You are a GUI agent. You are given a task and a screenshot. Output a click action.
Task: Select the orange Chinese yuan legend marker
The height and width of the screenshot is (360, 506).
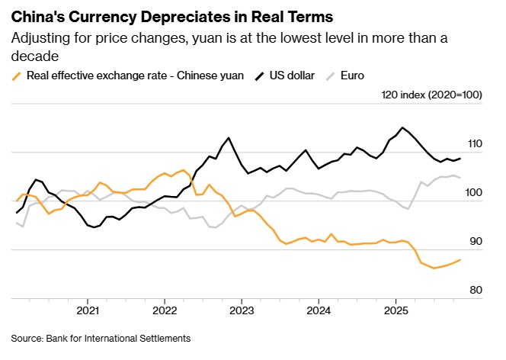17,76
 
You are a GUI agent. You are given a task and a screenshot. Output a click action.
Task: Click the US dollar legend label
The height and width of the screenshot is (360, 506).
289,76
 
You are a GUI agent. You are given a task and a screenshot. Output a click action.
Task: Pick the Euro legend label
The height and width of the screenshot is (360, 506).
354,76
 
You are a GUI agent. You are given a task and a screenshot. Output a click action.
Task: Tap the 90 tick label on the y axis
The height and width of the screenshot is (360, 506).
476,241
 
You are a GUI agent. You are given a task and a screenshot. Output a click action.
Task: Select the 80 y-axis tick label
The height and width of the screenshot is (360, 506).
476,290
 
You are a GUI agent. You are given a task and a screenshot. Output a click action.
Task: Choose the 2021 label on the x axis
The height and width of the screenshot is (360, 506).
88,310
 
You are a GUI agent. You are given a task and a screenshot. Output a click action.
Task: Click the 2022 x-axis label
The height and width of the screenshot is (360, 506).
165,310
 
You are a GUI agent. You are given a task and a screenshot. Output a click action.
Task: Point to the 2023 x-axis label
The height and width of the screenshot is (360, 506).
242,310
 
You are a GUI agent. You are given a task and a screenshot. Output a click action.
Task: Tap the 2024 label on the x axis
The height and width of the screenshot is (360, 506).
319,310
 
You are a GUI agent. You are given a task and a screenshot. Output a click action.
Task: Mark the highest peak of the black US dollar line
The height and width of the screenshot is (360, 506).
402,127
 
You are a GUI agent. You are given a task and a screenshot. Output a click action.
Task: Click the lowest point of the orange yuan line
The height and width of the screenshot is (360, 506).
434,268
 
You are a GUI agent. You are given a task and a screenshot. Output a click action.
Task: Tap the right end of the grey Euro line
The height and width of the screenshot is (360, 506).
460,177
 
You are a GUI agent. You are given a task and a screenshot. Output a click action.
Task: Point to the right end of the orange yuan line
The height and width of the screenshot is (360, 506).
460,260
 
